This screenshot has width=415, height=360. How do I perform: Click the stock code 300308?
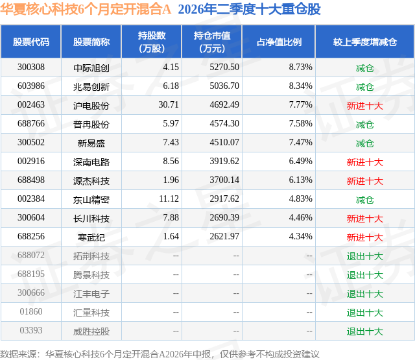click(31, 67)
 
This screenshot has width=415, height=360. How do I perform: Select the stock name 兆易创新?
click(91, 86)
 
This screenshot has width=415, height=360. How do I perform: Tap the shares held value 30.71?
click(169, 105)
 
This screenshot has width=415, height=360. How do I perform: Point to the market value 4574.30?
click(224, 124)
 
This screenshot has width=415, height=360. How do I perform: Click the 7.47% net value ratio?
click(301, 143)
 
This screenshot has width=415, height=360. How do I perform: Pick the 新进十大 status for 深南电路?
click(365, 162)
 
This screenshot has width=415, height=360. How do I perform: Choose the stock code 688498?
click(31, 180)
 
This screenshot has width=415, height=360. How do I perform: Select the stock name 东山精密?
click(91, 199)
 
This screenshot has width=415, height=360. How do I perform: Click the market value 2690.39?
click(224, 217)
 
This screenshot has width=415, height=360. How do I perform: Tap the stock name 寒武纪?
click(91, 237)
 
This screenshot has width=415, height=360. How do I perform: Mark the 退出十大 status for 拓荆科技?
click(365, 256)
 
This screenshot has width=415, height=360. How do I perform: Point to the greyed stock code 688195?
click(31, 274)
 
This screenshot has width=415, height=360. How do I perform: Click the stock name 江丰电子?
click(91, 293)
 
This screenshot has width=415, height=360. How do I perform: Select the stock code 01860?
click(31, 311)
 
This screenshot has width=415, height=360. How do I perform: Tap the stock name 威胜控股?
click(91, 331)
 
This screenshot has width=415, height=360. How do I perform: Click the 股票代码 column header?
click(31, 42)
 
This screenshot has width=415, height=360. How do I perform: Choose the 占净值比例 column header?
click(279, 42)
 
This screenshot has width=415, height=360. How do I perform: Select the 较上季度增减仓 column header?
click(365, 42)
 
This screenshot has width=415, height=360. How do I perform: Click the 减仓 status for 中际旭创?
click(365, 67)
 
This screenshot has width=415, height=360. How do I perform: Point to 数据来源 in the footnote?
click(18, 354)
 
